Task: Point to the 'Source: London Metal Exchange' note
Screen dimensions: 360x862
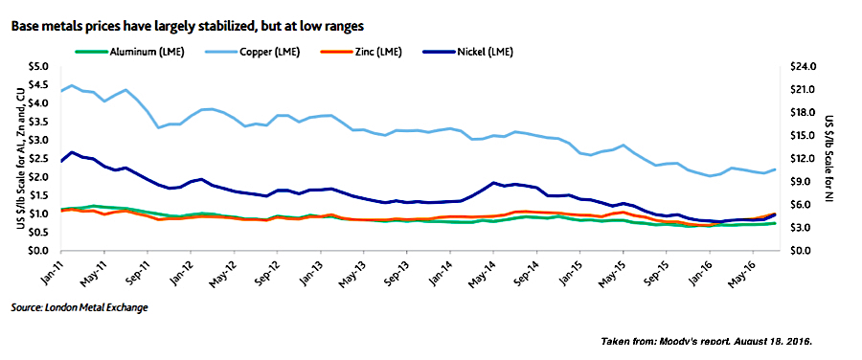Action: tap(79, 307)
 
